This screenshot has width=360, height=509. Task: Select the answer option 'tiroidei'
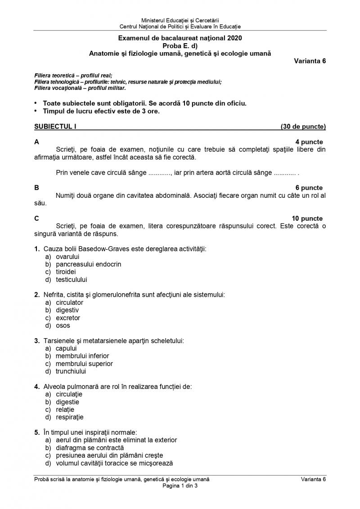[66, 272]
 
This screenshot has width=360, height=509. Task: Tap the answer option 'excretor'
[68, 318]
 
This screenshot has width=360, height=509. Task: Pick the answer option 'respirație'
[70, 417]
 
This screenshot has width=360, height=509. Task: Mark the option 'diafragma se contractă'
[90, 448]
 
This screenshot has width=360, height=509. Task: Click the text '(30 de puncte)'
[303, 127]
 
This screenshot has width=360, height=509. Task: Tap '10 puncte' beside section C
[307, 219]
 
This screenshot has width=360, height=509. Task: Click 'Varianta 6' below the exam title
[310, 62]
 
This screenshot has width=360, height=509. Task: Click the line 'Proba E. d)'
[180, 46]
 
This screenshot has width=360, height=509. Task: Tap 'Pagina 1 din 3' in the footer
[180, 486]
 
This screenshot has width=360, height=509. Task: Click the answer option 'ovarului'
[67, 257]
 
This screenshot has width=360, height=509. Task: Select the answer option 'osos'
[63, 326]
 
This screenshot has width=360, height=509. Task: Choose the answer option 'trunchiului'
[71, 371]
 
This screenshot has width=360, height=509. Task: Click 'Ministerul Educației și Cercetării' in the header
[180, 21]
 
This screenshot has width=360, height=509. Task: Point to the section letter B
[36, 188]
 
